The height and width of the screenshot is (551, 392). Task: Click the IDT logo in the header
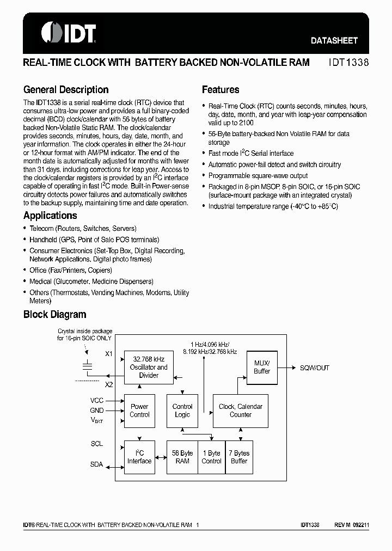tap(69, 32)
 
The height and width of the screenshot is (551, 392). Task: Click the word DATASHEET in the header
tap(334, 40)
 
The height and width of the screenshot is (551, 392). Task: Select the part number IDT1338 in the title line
tap(348, 63)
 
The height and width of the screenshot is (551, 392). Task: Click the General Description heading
tap(66, 90)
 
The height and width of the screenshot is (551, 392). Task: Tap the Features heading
tap(220, 90)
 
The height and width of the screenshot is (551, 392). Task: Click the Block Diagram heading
tap(54, 314)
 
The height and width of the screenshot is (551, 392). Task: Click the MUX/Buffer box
tap(262, 367)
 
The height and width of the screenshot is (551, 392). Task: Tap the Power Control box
tap(139, 411)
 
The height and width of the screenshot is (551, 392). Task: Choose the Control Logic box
tap(182, 411)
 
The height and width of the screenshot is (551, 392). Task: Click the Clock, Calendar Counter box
tap(240, 411)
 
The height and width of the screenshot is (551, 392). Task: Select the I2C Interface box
tap(139, 457)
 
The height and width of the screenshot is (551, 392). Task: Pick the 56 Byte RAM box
tap(182, 457)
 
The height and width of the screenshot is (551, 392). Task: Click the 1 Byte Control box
tap(212, 457)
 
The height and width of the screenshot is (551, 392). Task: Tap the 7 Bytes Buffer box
tap(239, 457)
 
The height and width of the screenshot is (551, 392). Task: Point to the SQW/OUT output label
tap(315, 368)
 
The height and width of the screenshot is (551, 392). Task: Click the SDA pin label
tap(96, 464)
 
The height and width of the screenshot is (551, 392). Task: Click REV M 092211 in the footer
tap(352, 525)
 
